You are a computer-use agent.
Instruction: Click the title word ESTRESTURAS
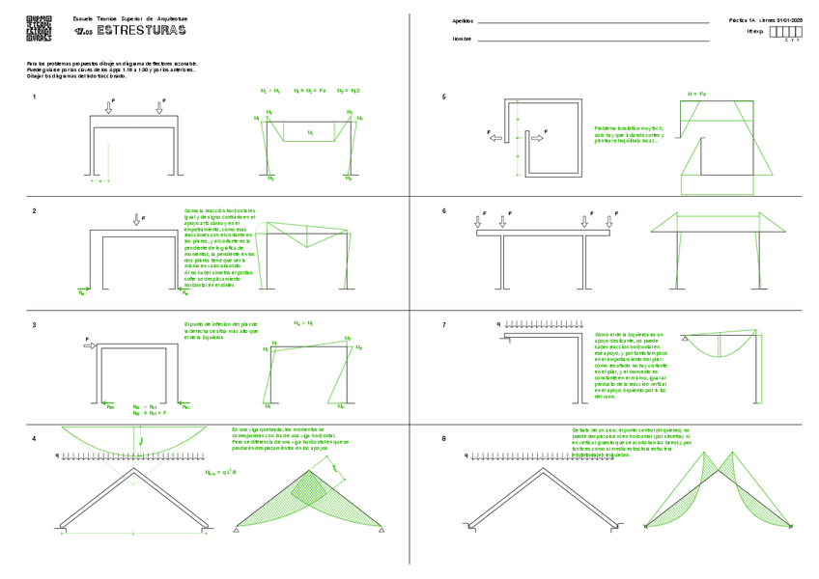(x=142, y=32)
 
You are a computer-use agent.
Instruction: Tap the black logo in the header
(x=40, y=28)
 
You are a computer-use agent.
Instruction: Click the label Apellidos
(x=464, y=20)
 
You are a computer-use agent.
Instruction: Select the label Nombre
(x=462, y=39)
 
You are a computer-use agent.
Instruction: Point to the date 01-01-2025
(x=791, y=20)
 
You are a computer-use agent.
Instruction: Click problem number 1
(x=35, y=96)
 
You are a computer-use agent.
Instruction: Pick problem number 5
(x=443, y=96)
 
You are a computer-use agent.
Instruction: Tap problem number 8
(x=443, y=439)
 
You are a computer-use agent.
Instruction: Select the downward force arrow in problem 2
(x=136, y=220)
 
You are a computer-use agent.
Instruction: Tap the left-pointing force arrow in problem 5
(x=495, y=138)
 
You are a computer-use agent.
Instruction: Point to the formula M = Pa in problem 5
(x=696, y=94)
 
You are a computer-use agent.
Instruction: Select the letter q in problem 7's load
(x=498, y=324)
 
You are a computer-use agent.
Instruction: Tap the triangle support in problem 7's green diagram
(x=684, y=339)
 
